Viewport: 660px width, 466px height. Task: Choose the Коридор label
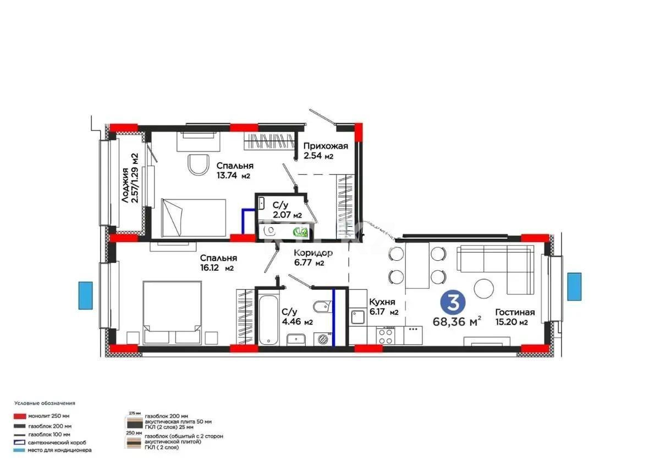coord(313,253)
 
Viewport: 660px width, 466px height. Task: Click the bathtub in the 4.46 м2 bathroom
coord(268,320)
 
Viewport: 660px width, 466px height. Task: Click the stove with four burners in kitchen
coord(384,336)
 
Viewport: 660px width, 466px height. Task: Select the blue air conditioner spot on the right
coord(574,286)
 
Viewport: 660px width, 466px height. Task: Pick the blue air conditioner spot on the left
coord(85,295)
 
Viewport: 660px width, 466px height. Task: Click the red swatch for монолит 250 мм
coord(21,416)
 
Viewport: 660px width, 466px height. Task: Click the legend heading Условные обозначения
coord(45,403)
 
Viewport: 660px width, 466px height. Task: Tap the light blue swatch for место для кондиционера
coord(21,450)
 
